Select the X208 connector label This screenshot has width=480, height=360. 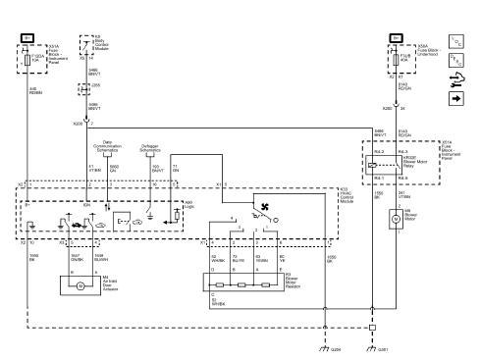(80, 124)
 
